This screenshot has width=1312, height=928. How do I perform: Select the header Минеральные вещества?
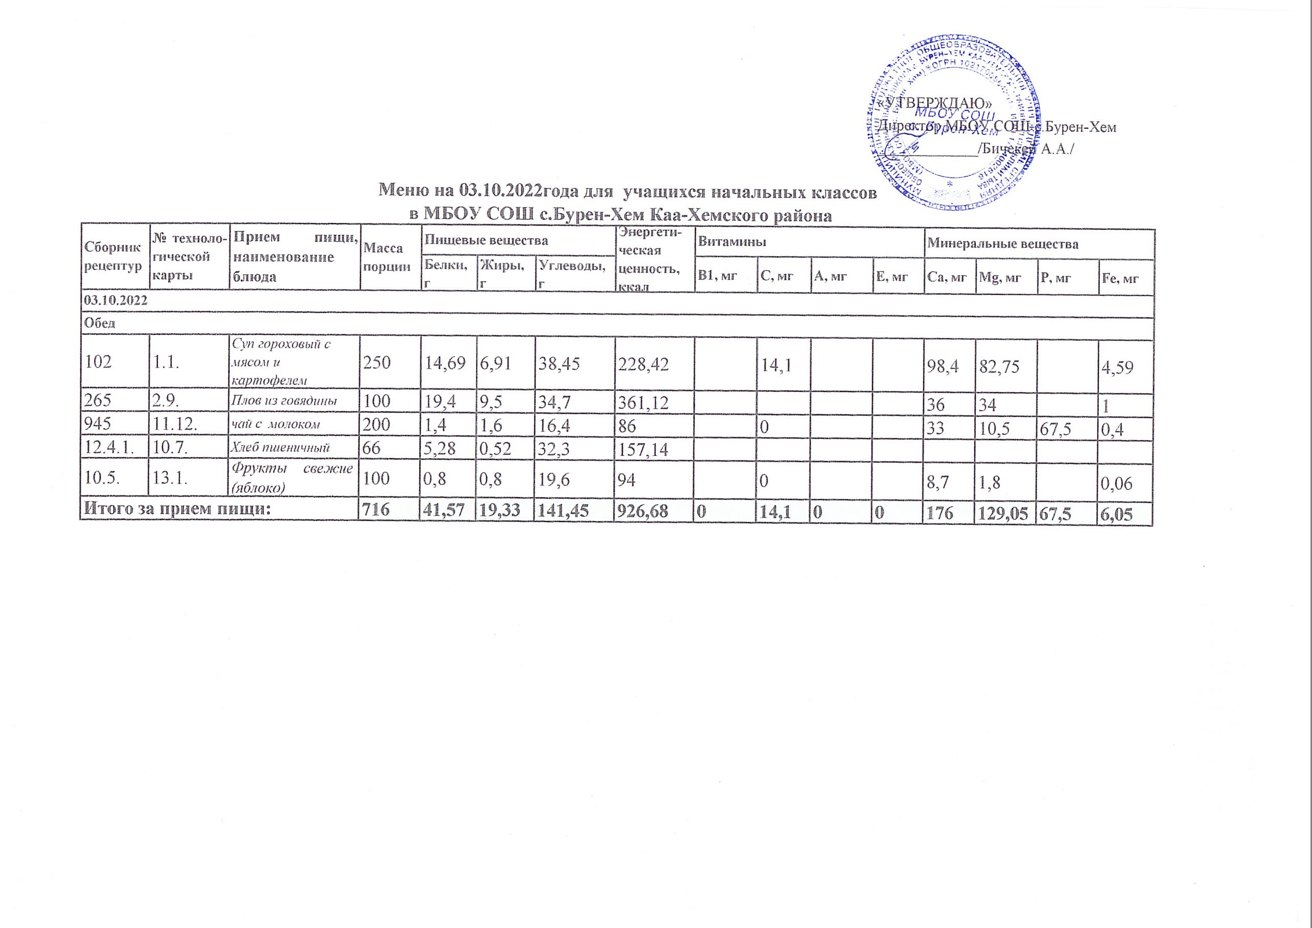1002,244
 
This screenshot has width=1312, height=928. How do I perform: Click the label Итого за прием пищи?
177,511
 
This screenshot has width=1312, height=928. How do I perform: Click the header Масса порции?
386,257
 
